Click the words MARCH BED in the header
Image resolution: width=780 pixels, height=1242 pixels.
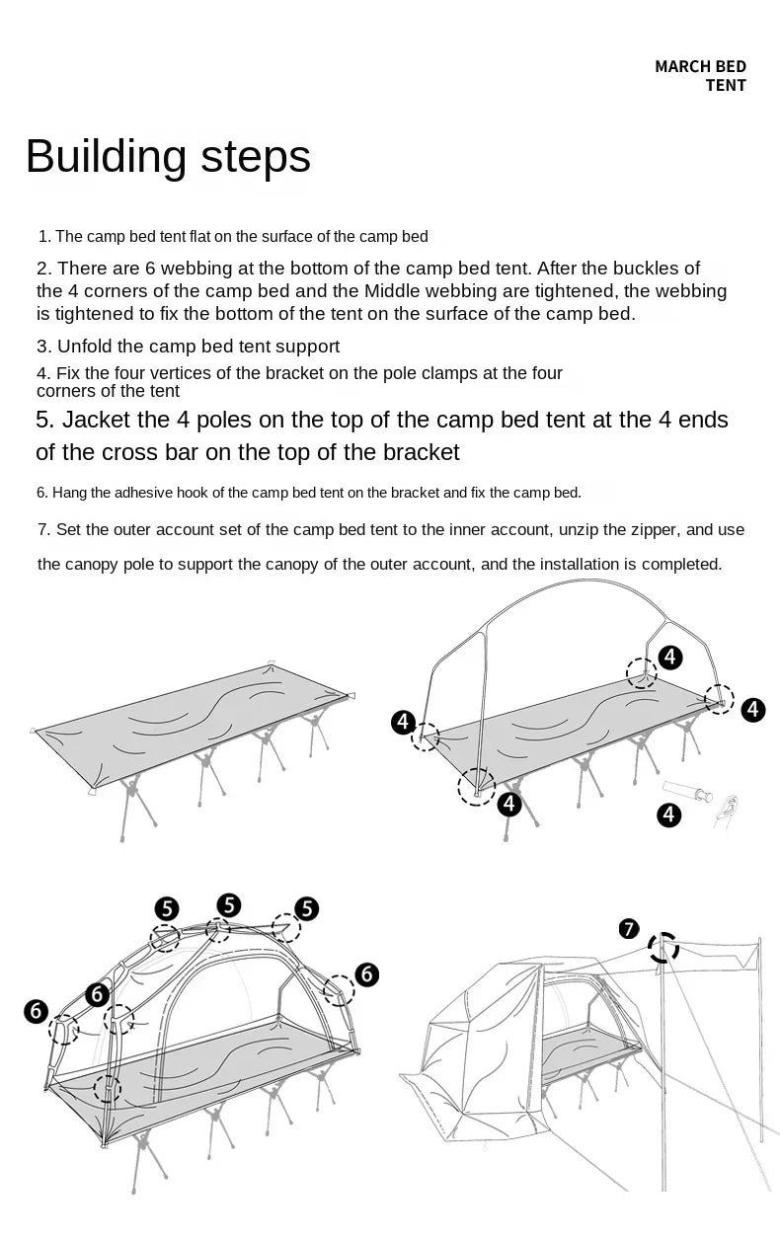(x=700, y=66)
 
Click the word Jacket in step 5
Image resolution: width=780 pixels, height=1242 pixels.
(x=97, y=420)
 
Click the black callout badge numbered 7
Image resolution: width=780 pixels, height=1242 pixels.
(x=629, y=928)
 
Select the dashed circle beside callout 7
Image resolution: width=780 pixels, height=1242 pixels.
(x=663, y=948)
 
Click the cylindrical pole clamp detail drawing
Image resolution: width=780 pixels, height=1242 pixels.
(x=688, y=792)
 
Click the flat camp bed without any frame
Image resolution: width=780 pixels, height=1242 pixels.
(x=193, y=731)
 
